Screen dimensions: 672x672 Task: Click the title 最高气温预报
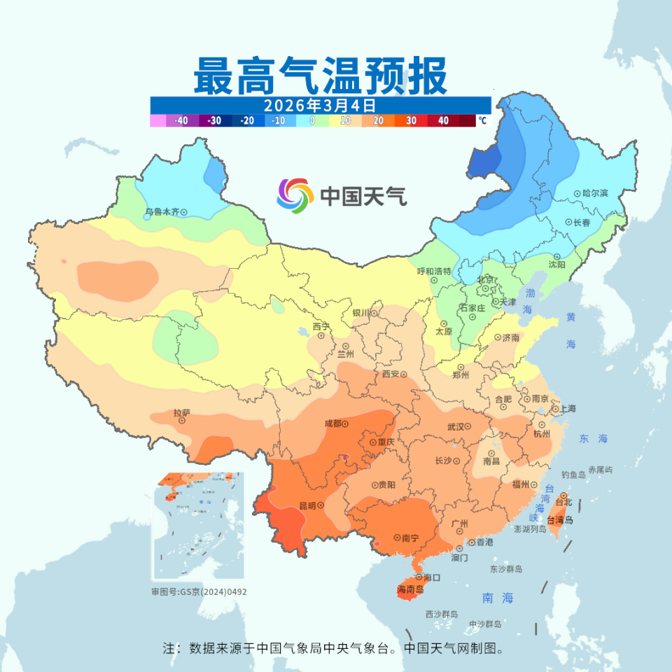click(x=320, y=76)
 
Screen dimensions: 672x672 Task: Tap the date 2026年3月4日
click(x=320, y=105)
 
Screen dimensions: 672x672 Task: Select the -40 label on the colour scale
click(x=181, y=120)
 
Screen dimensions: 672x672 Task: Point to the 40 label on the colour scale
click(x=443, y=120)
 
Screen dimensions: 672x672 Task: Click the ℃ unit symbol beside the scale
click(x=482, y=120)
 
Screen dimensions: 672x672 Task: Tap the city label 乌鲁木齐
click(x=162, y=211)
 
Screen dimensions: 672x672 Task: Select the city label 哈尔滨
click(x=595, y=192)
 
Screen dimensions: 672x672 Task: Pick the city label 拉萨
click(x=181, y=413)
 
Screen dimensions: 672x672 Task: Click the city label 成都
click(x=332, y=423)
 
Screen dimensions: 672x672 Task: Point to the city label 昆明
click(x=307, y=505)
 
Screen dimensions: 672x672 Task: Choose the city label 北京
click(x=486, y=279)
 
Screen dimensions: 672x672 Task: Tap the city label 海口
click(x=431, y=577)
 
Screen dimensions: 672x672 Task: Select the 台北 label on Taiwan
click(x=563, y=502)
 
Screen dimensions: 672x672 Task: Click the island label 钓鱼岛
click(x=572, y=474)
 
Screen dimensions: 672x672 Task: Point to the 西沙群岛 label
click(x=441, y=614)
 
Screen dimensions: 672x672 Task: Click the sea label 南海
click(x=498, y=598)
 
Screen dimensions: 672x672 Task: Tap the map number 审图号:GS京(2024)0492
click(x=199, y=591)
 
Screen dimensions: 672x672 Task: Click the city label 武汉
click(x=456, y=426)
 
